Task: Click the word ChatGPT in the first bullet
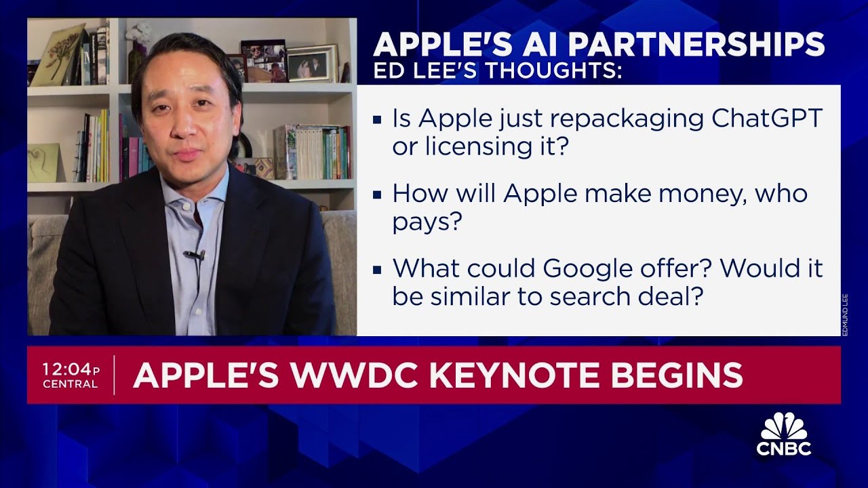(766, 119)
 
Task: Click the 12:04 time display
(66, 369)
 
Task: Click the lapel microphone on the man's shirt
(195, 256)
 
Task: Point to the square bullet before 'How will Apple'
(378, 195)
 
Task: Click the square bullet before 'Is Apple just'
(378, 121)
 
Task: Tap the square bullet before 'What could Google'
(378, 270)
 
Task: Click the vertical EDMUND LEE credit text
(845, 314)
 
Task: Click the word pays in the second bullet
(422, 222)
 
